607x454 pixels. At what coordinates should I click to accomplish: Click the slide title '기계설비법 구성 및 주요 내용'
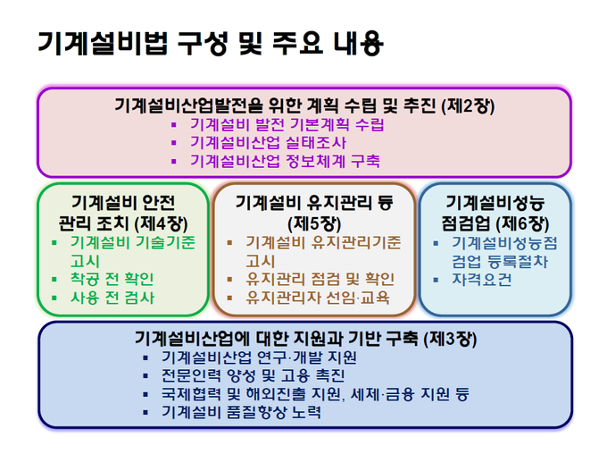[211, 43]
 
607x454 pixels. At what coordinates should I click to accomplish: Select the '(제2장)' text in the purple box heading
[468, 105]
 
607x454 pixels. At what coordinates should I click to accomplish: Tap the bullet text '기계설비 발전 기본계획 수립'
[287, 124]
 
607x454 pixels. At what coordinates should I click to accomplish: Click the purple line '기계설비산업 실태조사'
[268, 143]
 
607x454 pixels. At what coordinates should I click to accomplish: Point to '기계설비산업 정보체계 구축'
[285, 161]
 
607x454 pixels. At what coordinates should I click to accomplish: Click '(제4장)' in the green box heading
[161, 223]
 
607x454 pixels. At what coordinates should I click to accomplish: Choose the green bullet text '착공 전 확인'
[112, 279]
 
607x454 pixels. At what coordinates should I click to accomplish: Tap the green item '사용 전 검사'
[112, 298]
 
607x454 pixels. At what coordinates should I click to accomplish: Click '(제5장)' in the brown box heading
[314, 223]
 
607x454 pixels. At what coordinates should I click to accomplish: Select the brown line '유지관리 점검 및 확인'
[320, 279]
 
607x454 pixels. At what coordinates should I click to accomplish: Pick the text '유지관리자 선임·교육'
[318, 298]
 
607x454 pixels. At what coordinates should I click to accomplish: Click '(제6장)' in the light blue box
[522, 223]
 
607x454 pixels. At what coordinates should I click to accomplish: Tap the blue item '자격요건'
[482, 280]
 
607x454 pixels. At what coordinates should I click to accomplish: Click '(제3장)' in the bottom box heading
[450, 340]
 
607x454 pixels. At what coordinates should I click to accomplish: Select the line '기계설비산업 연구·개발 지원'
[259, 357]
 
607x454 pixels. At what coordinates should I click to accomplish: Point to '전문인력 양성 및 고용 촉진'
[253, 375]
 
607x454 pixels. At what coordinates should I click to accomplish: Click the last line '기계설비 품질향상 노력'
[241, 412]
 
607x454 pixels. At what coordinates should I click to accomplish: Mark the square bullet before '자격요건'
[436, 280]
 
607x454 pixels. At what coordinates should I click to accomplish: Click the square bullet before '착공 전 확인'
[54, 279]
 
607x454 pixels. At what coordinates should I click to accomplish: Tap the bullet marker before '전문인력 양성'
[146, 376]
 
